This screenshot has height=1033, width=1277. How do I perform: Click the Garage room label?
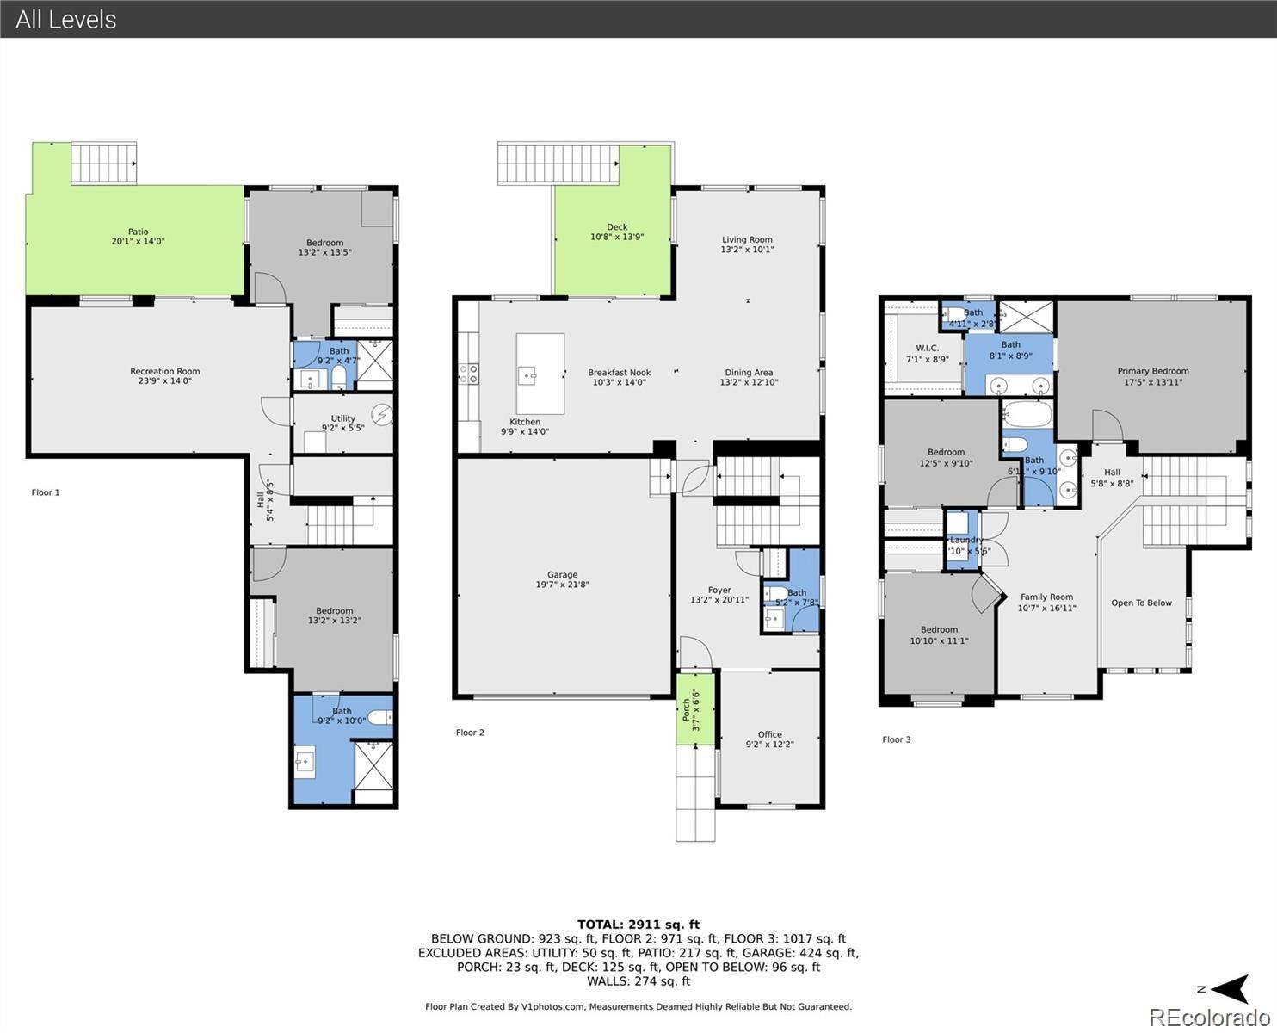[562, 579]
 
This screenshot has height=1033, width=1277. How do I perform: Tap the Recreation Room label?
[164, 375]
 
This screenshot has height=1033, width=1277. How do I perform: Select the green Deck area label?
[616, 232]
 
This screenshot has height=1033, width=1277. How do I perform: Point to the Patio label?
[138, 237]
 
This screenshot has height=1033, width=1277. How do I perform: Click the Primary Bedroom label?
[1152, 376]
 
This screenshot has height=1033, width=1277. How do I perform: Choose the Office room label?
[769, 739]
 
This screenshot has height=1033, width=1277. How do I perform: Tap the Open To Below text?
[1141, 603]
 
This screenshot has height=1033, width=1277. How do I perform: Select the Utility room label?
[342, 423]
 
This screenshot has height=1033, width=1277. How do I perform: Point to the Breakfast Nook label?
[619, 377]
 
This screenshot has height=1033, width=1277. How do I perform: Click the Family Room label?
[1046, 602]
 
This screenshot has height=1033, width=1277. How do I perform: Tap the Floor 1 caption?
[46, 492]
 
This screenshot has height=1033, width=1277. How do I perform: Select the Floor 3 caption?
[896, 739]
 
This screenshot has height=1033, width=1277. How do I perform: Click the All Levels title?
[66, 19]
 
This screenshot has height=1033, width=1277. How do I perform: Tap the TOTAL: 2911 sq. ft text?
[638, 925]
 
